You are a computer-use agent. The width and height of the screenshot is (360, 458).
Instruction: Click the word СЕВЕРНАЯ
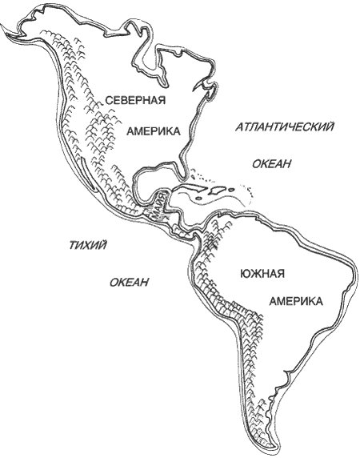coord(135,100)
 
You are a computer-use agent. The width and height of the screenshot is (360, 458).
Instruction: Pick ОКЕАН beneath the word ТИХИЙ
coord(130,282)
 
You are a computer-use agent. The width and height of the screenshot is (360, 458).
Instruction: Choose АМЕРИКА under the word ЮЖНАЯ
coord(296,302)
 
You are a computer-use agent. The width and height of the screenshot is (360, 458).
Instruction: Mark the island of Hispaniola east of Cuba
coord(218,191)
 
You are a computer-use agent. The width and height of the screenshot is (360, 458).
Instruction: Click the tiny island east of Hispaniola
coord(232,195)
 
